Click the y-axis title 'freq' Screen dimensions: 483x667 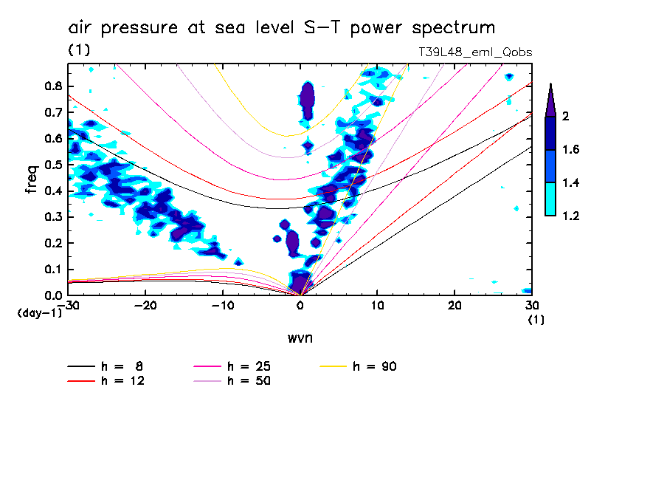pos(31,179)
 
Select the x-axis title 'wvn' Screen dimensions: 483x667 pos(300,338)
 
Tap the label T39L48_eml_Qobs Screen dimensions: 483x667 pos(474,52)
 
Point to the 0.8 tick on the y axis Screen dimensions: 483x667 pos(52,86)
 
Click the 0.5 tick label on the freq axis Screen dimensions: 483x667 pos(52,165)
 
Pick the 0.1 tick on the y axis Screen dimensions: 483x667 pos(52,270)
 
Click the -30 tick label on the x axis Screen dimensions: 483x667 pos(69,305)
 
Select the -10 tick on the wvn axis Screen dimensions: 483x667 pos(223,305)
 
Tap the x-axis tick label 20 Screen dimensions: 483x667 pos(455,305)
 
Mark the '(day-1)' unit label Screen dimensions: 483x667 pos(39,313)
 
